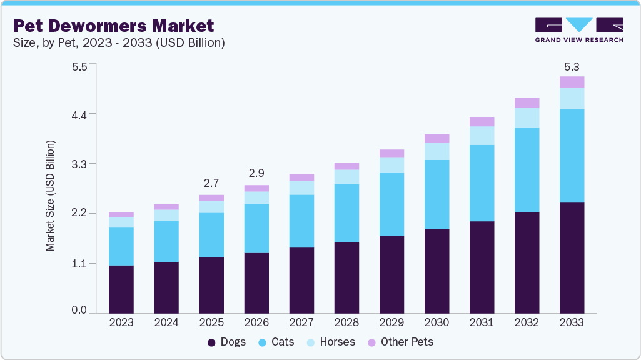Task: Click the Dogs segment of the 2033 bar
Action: pos(572,257)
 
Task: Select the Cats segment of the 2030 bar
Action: pos(437,194)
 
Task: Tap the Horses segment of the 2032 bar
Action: pos(527,118)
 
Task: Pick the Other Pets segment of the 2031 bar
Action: pos(482,122)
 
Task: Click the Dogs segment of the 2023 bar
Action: pos(121,289)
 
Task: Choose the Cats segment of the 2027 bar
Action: pos(301,221)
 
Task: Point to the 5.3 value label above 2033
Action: pos(572,66)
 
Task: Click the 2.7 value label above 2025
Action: pos(211,184)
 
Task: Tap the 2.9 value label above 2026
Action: pos(256,172)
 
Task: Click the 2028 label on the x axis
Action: pos(346,322)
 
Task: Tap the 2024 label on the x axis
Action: pos(166,322)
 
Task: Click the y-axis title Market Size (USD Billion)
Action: pos(50,196)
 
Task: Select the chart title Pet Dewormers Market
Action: pos(113,26)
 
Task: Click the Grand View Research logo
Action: pos(578,29)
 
